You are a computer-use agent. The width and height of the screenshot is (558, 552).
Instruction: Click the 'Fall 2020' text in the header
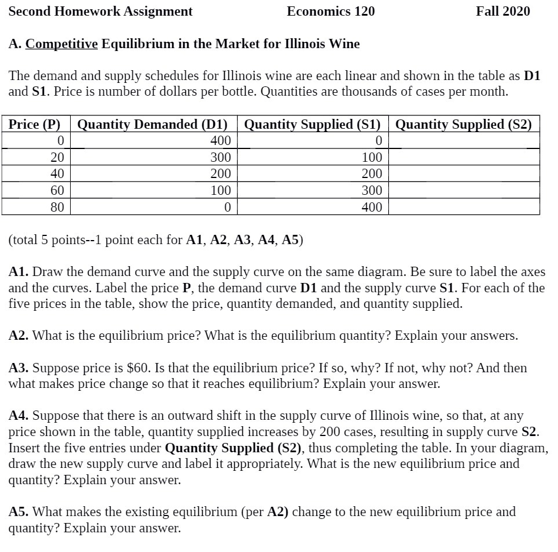(502, 11)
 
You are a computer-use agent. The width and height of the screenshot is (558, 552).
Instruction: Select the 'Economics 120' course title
(331, 11)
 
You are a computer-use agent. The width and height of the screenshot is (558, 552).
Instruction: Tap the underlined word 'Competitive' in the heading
(61, 44)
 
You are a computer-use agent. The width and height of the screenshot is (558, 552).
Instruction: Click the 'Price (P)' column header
(35, 124)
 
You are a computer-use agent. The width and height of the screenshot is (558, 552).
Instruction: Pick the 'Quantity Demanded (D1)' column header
(152, 124)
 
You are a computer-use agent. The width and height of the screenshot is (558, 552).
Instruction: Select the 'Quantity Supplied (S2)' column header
(464, 124)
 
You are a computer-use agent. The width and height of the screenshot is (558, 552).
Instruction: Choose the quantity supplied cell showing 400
(371, 207)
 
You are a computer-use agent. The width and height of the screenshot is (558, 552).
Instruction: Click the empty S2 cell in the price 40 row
(464, 173)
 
